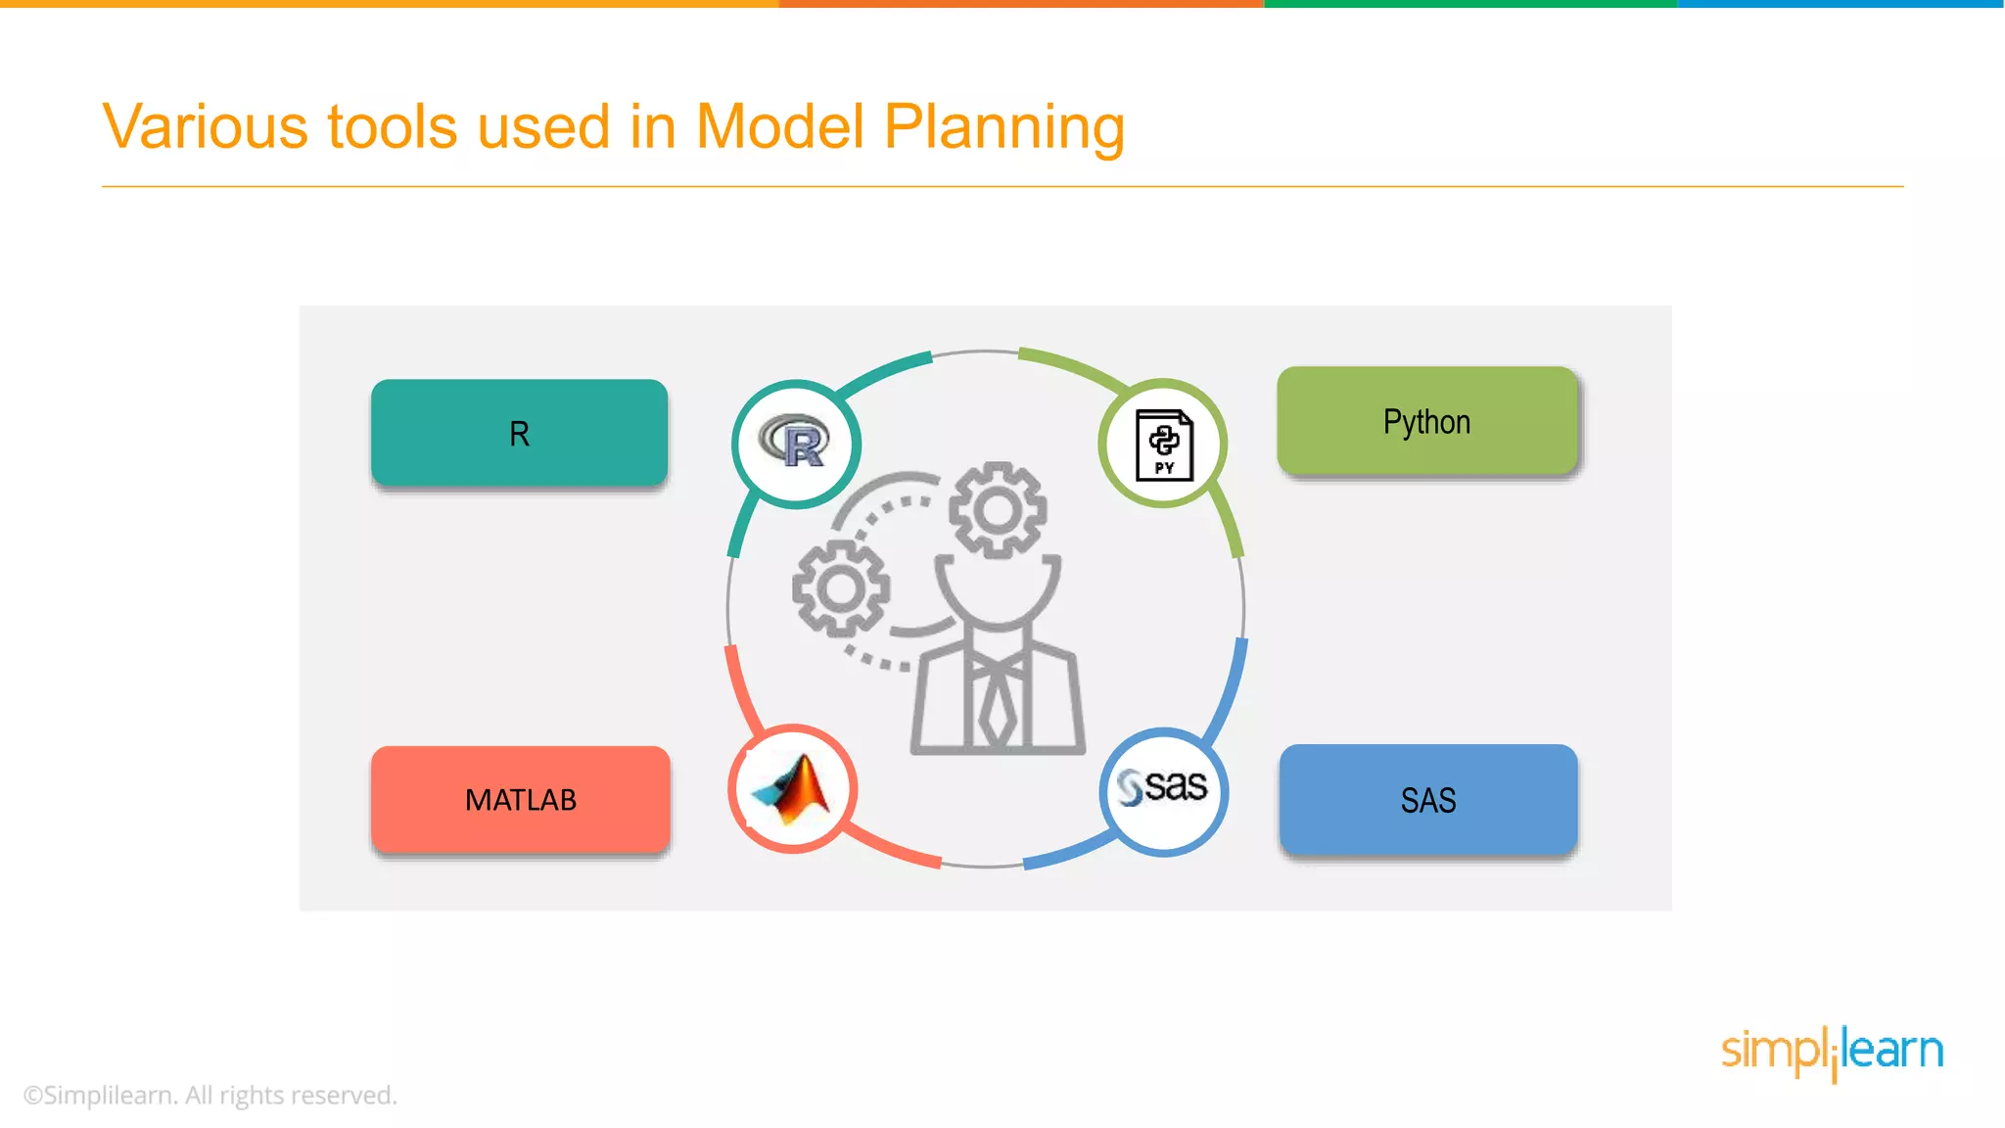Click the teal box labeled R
(x=519, y=432)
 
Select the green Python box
(x=1427, y=421)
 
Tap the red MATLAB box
(x=520, y=799)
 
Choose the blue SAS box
(x=1428, y=799)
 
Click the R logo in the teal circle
(x=796, y=443)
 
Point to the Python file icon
(x=1164, y=445)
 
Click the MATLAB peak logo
(x=793, y=788)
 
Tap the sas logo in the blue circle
(x=1163, y=788)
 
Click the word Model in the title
(x=780, y=126)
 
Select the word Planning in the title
(x=1004, y=128)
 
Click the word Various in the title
(x=206, y=126)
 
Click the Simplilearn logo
(x=1832, y=1052)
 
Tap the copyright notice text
(x=210, y=1095)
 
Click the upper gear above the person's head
(x=998, y=510)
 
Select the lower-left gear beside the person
(x=841, y=587)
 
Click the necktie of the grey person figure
(x=998, y=705)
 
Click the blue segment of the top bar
(x=1841, y=4)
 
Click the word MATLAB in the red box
(x=520, y=800)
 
